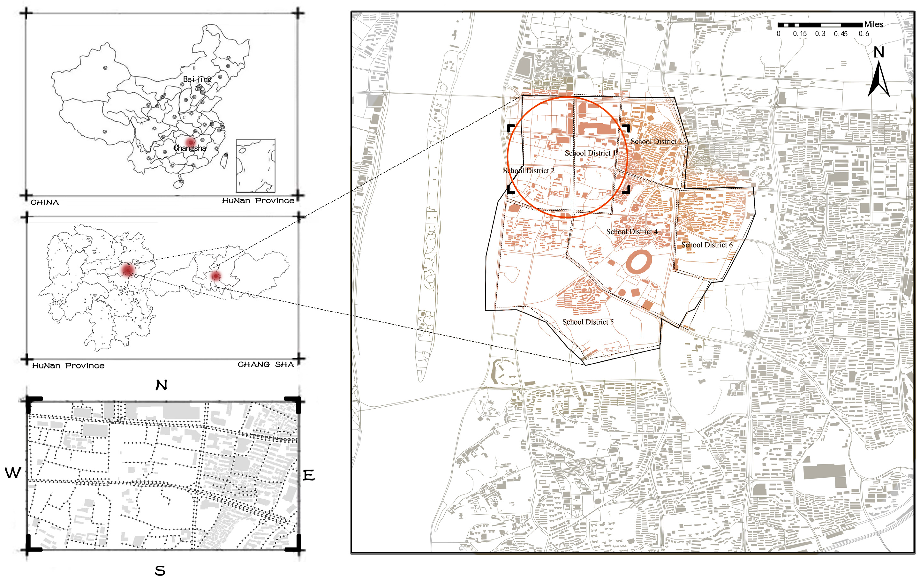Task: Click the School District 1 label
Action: (590, 153)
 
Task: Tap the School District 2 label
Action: (528, 171)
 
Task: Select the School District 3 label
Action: (656, 141)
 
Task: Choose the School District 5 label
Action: (588, 322)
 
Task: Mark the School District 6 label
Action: (707, 245)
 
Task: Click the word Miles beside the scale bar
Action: (874, 25)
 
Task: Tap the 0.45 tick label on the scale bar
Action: (841, 34)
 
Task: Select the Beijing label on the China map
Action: (197, 79)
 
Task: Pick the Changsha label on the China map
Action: (190, 148)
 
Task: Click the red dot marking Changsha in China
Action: (191, 142)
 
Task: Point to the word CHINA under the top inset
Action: (45, 202)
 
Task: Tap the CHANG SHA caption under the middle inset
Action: (266, 365)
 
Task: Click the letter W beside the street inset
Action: (13, 473)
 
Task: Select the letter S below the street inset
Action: (160, 571)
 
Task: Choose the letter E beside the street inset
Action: (309, 476)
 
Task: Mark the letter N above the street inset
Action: (161, 385)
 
